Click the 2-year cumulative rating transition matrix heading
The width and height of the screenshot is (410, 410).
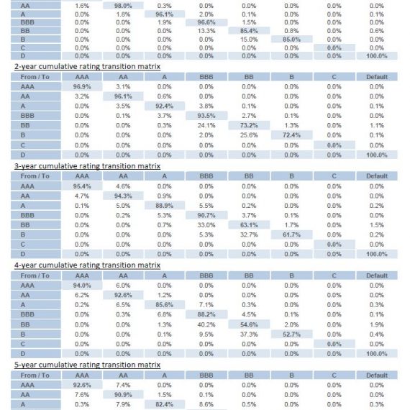[87, 67]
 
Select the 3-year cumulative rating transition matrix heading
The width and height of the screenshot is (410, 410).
[87, 166]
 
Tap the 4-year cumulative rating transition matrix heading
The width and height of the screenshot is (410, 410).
[87, 265]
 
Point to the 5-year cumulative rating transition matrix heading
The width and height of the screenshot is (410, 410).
[87, 365]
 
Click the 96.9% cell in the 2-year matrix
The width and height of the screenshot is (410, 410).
[82, 86]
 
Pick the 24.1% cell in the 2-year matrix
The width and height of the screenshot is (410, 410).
[206, 125]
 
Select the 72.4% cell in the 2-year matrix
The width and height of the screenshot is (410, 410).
[291, 135]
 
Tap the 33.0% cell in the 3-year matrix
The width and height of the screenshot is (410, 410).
[206, 225]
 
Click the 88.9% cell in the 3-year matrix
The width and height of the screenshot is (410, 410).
[165, 206]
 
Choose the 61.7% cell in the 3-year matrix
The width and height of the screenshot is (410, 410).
[291, 234]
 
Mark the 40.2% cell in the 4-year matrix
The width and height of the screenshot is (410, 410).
[206, 324]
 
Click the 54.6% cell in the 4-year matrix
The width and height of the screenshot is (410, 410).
[249, 324]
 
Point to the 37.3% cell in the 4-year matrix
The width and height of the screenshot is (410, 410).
[249, 334]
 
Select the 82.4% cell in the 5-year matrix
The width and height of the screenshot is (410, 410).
[165, 404]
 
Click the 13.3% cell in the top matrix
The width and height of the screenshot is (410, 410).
[206, 31]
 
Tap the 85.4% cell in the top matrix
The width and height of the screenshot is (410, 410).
[249, 31]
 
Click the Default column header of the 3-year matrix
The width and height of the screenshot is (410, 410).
[377, 176]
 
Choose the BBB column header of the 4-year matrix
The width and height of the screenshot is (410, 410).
[206, 275]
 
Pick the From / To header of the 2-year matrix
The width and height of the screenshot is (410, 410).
[35, 77]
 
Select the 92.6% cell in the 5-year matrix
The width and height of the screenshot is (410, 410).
[82, 385]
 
